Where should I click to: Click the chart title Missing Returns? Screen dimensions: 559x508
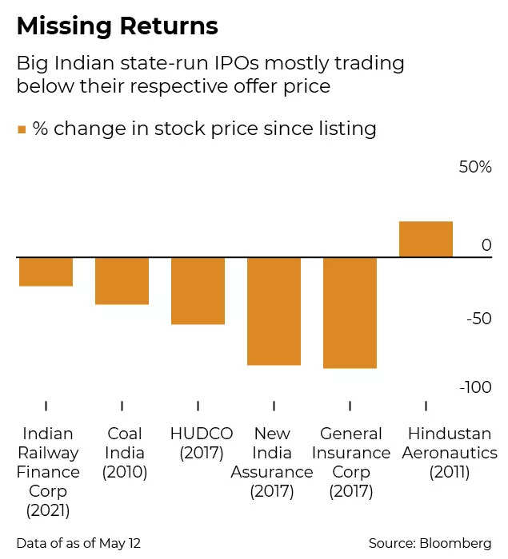(x=117, y=26)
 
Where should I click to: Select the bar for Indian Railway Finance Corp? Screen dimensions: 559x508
(x=46, y=272)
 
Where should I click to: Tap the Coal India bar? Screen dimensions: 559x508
(x=122, y=280)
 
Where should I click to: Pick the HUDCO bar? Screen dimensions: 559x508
(x=198, y=291)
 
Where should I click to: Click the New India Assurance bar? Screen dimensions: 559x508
(x=274, y=311)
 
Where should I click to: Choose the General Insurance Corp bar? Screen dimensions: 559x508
(x=350, y=312)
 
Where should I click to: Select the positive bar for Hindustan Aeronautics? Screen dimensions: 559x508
(x=426, y=240)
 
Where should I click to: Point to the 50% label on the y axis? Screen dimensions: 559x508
(x=474, y=168)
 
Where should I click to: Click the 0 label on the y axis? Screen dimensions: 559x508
(x=486, y=244)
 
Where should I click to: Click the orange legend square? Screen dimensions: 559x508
(x=22, y=129)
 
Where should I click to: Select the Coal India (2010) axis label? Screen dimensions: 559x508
(x=125, y=453)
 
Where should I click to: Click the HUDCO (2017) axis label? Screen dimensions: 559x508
(x=202, y=443)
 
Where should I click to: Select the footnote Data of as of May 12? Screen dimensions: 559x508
(x=78, y=543)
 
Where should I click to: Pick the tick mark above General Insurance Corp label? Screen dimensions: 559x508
(x=350, y=406)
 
